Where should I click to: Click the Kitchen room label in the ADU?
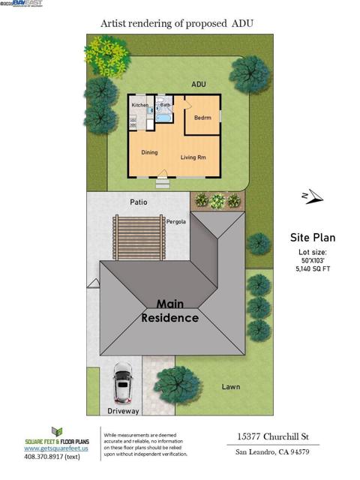pyautogui.click(x=140, y=106)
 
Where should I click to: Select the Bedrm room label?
pyautogui.click(x=202, y=118)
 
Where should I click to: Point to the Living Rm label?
pyautogui.click(x=193, y=157)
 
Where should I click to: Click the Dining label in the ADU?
pyautogui.click(x=149, y=152)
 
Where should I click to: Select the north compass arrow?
pyautogui.click(x=311, y=196)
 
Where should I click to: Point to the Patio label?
pyautogui.click(x=138, y=202)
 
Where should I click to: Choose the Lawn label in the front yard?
pyautogui.click(x=231, y=387)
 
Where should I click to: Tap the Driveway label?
pyautogui.click(x=124, y=412)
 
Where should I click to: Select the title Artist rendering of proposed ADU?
pyautogui.click(x=177, y=24)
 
